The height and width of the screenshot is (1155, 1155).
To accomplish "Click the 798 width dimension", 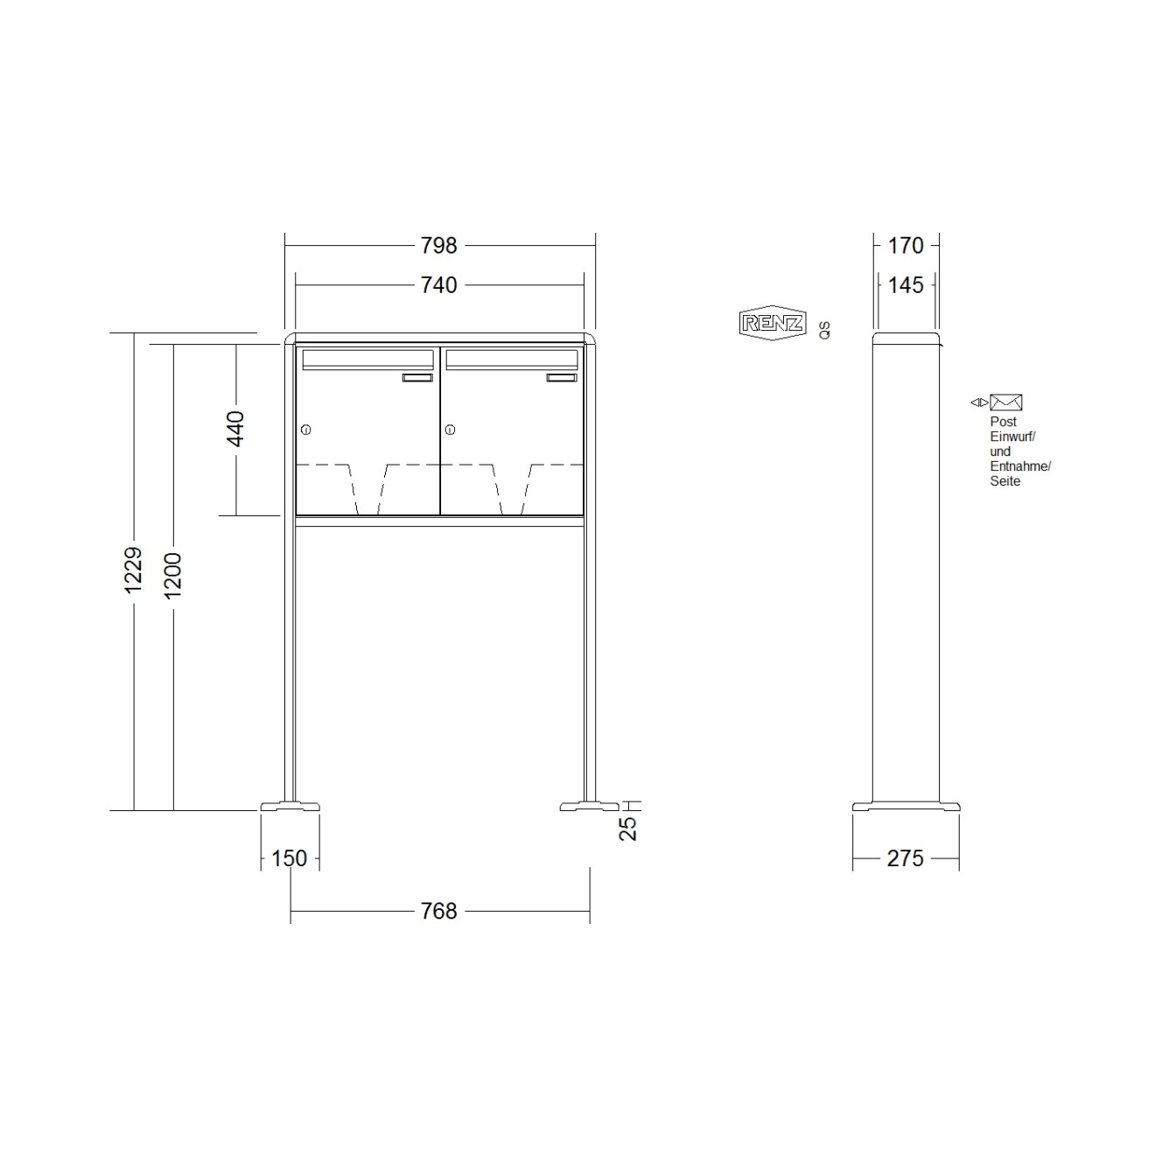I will pyautogui.click(x=438, y=246).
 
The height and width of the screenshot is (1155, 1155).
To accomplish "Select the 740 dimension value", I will pyautogui.click(x=438, y=285).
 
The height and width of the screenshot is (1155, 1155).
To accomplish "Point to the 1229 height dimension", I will pyautogui.click(x=133, y=570).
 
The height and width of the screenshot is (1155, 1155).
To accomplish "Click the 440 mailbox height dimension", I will pyautogui.click(x=235, y=429).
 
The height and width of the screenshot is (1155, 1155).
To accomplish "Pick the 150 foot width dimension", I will pyautogui.click(x=289, y=858).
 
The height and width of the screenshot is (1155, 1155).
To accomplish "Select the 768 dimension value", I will pyautogui.click(x=438, y=911).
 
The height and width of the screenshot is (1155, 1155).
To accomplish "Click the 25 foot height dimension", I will pyautogui.click(x=628, y=828).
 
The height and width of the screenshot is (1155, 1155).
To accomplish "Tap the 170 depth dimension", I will pyautogui.click(x=906, y=246).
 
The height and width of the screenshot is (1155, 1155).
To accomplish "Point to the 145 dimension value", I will pyautogui.click(x=906, y=285).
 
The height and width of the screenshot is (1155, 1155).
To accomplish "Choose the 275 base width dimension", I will pyautogui.click(x=905, y=858).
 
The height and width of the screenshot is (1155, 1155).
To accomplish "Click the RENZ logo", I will pyautogui.click(x=772, y=323).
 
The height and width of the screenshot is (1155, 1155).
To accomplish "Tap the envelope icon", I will pyautogui.click(x=1006, y=402).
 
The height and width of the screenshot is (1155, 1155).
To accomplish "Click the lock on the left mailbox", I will pyautogui.click(x=305, y=430).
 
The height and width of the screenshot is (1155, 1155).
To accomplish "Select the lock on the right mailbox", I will pyautogui.click(x=450, y=430).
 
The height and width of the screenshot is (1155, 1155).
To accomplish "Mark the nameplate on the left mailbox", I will pyautogui.click(x=417, y=378).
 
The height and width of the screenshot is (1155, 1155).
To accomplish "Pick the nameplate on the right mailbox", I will pyautogui.click(x=562, y=378).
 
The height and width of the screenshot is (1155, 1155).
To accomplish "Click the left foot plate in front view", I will pyautogui.click(x=290, y=806).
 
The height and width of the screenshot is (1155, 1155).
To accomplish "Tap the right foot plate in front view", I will pyautogui.click(x=589, y=806).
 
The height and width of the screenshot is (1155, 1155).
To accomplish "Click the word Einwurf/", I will pyautogui.click(x=1012, y=437).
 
